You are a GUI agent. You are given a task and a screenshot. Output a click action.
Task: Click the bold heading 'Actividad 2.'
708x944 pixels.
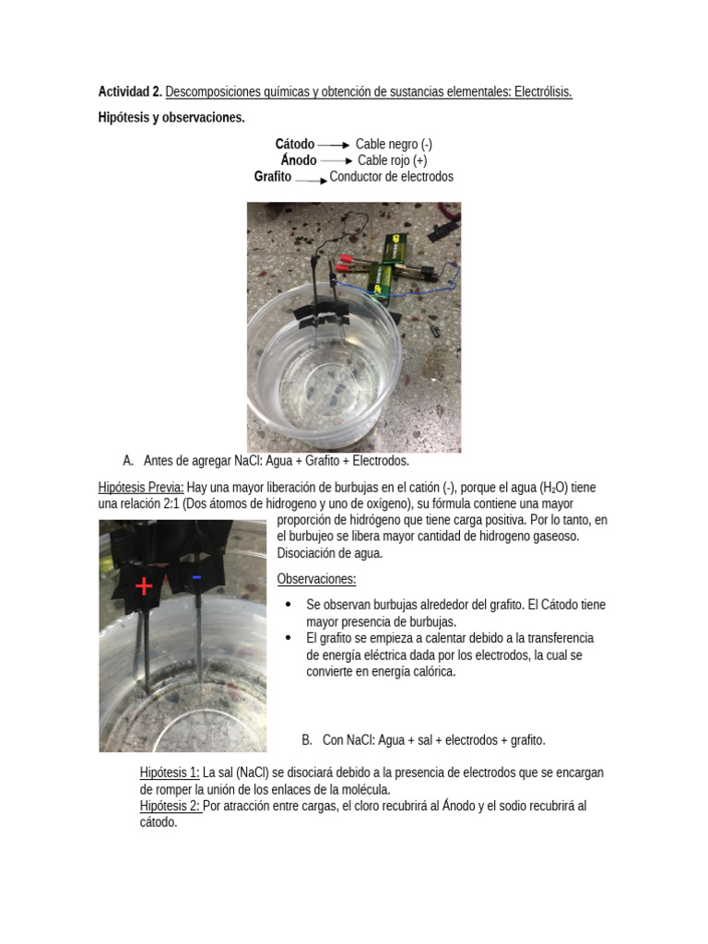point(130,92)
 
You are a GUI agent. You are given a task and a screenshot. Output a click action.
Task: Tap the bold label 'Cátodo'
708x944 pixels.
point(294,144)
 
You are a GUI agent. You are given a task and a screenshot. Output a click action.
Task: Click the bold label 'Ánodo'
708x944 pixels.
point(298,160)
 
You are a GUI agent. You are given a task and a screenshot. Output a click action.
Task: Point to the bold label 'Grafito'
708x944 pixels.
point(273,177)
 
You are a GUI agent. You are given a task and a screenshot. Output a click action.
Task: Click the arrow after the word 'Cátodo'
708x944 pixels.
point(334,145)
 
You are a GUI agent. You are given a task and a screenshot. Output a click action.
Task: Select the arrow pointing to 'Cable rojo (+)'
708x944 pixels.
point(336,161)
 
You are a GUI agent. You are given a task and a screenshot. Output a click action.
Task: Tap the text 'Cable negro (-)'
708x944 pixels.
point(394,144)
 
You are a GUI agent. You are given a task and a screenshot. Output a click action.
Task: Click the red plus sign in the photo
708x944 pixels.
point(144,586)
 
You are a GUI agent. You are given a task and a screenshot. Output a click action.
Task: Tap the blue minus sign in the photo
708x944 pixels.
point(196,578)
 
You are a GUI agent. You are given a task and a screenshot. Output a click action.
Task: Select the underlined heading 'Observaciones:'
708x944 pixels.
point(316,579)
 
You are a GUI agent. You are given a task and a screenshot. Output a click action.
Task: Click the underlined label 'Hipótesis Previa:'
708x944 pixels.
point(141,488)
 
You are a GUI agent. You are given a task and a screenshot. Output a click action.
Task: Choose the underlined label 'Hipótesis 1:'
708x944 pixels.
point(170,773)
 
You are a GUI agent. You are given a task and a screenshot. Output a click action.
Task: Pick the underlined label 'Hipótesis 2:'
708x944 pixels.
point(171,806)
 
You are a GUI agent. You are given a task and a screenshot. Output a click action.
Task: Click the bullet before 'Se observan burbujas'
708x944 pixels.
point(289,605)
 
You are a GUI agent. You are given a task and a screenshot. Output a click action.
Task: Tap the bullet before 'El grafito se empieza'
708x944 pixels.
point(289,638)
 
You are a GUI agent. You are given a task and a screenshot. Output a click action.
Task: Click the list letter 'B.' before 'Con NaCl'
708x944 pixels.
point(308,740)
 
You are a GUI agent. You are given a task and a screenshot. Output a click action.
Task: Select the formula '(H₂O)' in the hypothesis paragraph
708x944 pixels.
point(555,488)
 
